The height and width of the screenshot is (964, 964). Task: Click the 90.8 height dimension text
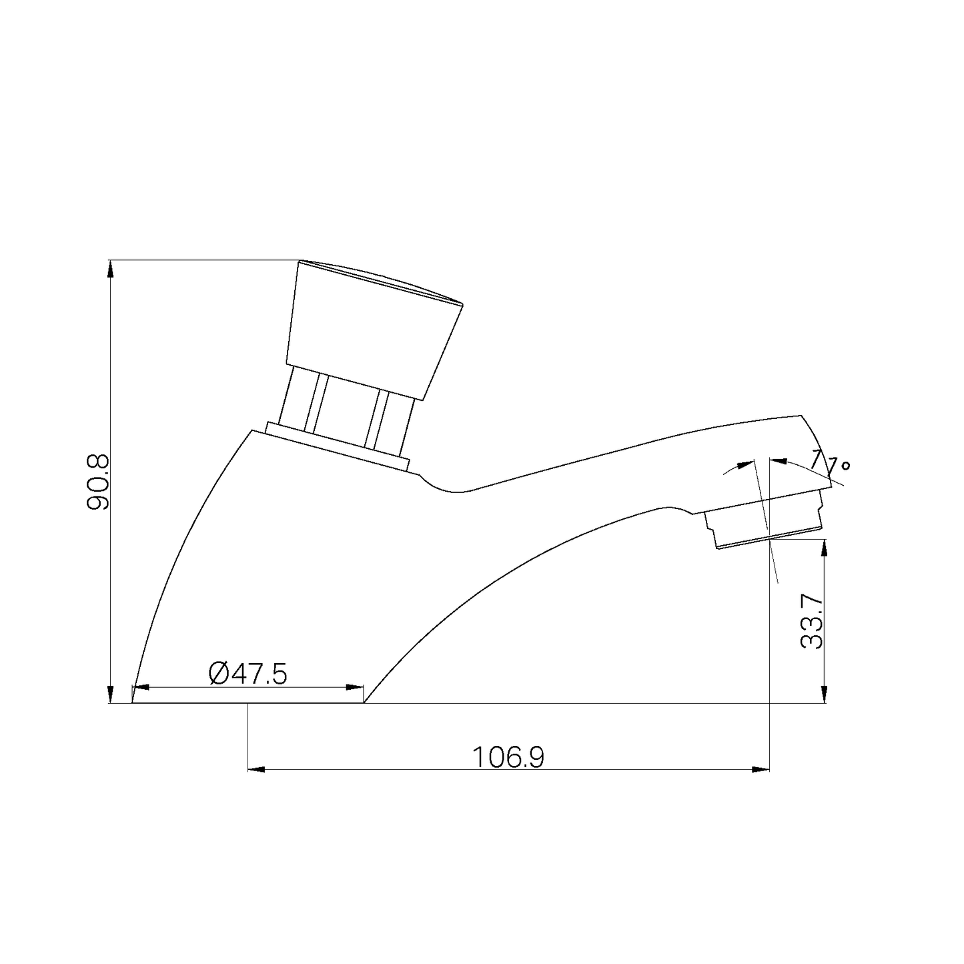(97, 482)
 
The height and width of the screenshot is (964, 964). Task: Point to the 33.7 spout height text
(811, 622)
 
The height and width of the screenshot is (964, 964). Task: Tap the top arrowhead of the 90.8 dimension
(111, 269)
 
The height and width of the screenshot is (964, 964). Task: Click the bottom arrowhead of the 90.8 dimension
(111, 694)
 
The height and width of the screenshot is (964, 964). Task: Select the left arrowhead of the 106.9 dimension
(257, 770)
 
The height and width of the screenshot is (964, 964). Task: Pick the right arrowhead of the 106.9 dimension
(761, 770)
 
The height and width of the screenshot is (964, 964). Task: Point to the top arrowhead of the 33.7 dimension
(824, 548)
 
